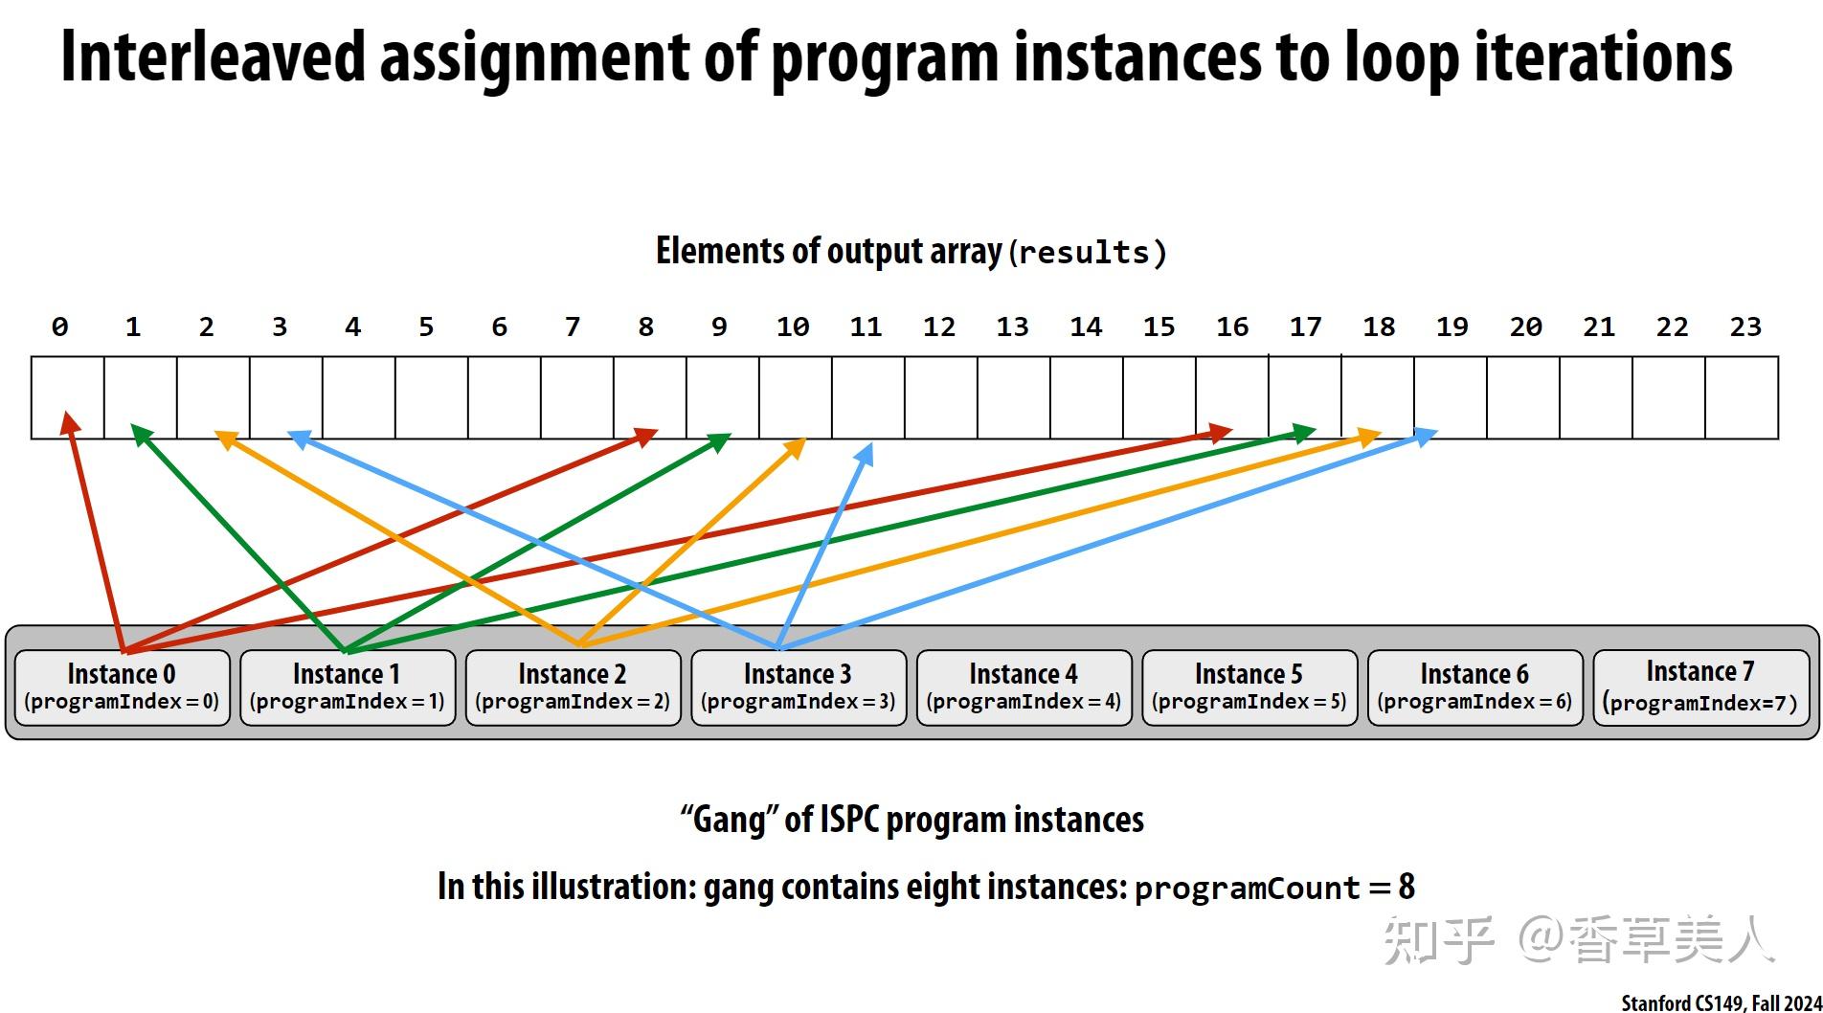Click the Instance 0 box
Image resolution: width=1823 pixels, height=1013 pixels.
coord(123,687)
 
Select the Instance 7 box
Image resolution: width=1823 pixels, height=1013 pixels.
coord(1701,687)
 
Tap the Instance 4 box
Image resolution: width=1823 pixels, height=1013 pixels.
coord(1024,687)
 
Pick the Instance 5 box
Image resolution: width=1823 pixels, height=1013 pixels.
coord(1249,687)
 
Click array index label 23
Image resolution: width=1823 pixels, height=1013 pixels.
coord(1744,327)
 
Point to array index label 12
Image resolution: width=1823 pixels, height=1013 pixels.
coord(938,327)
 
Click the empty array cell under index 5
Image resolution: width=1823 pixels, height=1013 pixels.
coord(432,397)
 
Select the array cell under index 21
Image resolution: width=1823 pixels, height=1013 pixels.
coord(1596,397)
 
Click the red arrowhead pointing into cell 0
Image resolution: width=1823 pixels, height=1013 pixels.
coord(67,422)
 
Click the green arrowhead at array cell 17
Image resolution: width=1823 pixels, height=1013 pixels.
coord(1304,433)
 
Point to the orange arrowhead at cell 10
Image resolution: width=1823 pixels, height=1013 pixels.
coord(795,447)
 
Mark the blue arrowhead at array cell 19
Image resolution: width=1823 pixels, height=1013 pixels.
coord(1426,436)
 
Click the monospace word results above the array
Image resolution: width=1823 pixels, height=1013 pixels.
coord(1084,254)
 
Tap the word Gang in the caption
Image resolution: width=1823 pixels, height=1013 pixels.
coord(729,821)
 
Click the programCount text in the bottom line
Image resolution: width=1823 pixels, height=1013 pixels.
coord(1247,889)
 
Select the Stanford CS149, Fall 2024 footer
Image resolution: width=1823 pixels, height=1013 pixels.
coord(1721,1002)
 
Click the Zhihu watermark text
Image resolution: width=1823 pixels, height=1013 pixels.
coord(1580,940)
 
